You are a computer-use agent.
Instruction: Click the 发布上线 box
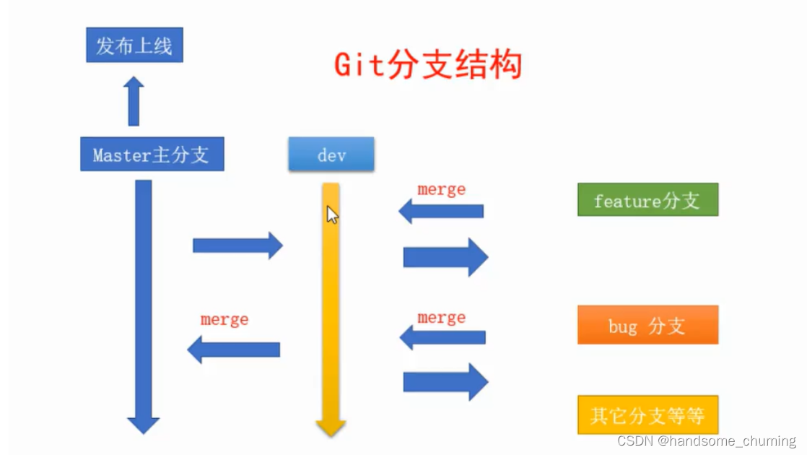point(134,45)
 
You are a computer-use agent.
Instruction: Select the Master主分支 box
point(152,155)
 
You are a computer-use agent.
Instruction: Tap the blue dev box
point(331,155)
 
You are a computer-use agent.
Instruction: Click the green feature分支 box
point(647,200)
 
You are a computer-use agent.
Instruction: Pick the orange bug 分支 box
point(647,325)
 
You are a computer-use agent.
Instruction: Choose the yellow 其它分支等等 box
point(647,415)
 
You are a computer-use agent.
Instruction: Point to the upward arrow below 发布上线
point(134,102)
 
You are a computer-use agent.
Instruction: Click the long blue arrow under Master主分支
point(144,303)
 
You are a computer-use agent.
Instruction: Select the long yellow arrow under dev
point(331,311)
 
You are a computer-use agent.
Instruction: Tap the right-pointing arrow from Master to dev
point(237,246)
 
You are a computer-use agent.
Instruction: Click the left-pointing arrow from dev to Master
point(233,350)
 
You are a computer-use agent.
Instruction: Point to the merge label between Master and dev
point(224,319)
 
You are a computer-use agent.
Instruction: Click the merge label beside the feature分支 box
point(441,189)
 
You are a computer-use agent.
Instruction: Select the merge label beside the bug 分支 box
point(441,318)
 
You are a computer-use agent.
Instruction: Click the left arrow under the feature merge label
point(441,211)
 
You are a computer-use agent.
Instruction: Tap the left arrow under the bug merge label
point(442,337)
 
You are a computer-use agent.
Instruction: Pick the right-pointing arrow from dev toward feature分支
point(445,256)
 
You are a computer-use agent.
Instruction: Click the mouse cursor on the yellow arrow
point(332,214)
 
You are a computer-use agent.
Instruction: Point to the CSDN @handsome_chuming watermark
point(706,441)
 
